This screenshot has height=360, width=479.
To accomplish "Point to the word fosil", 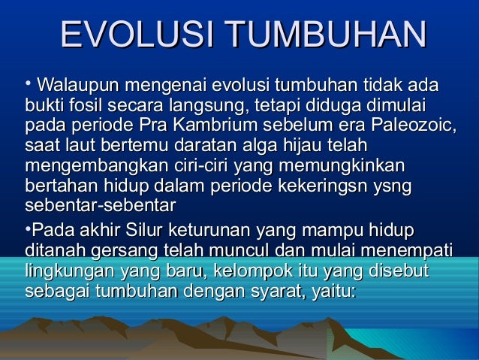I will click(x=91, y=102).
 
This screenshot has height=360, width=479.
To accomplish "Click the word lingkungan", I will click(x=62, y=268).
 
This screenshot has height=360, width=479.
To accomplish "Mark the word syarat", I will click(x=271, y=289).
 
